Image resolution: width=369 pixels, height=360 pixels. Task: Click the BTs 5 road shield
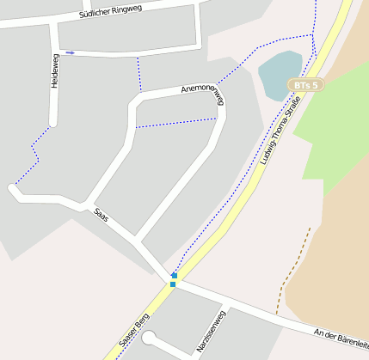305,85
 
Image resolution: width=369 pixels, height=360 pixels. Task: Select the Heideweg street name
54,71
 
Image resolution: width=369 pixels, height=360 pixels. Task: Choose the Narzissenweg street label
210,332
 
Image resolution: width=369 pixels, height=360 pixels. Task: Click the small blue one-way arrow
71,52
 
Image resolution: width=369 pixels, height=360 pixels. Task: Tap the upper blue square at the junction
174,276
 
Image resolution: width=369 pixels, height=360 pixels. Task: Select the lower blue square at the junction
173,284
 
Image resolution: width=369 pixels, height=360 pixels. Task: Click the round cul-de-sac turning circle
150,339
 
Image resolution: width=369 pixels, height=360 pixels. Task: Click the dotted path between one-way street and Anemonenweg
138,75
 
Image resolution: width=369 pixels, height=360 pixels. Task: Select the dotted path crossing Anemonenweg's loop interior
177,123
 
